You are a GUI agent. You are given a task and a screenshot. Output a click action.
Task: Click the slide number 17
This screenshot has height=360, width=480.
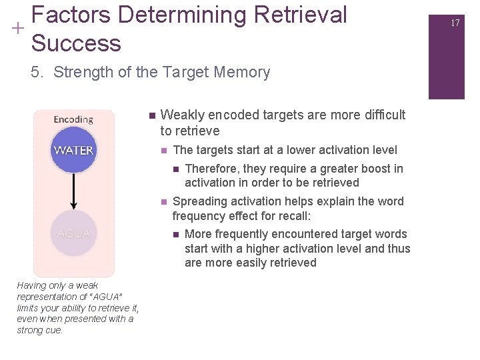coord(455,23)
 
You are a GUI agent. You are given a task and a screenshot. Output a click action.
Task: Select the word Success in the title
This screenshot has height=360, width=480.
coord(76,43)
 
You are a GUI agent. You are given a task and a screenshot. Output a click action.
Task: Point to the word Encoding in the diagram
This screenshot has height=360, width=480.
coord(73,119)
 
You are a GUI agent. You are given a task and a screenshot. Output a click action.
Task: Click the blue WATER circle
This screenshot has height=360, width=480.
coord(73,150)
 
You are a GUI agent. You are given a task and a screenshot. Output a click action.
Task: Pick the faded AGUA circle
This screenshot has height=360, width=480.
coord(73,233)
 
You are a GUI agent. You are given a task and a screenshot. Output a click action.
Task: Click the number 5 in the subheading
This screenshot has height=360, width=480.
coord(35,72)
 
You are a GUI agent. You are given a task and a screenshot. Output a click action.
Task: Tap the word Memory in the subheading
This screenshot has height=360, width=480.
coord(243,72)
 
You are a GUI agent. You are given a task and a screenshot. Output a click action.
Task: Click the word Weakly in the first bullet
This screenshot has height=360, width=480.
coord(181,115)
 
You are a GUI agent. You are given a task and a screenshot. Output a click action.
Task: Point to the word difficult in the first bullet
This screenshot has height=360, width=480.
coord(380,115)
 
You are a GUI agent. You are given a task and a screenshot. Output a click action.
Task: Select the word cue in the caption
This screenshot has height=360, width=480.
coord(54,330)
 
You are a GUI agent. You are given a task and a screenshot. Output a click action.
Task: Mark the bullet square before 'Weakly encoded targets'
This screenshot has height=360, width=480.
coord(152,115)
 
